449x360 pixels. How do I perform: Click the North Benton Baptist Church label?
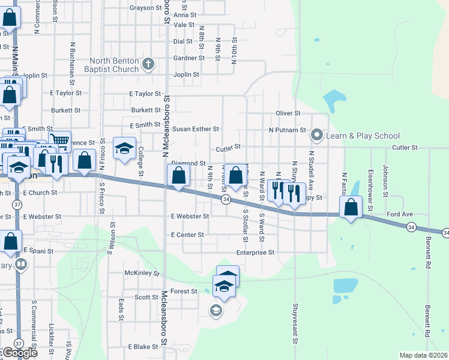115,65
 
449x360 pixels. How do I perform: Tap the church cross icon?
148,62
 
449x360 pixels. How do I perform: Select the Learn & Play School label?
363,136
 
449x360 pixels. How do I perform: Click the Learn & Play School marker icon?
318,136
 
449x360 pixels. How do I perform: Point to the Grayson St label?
146,8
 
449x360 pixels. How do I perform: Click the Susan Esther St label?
196,129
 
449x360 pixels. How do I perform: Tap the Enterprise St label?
255,253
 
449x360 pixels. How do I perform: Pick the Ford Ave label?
400,214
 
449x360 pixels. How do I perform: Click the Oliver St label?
288,113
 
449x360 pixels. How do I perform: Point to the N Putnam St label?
288,130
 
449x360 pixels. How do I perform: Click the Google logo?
19,353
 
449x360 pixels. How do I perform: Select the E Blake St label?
142,347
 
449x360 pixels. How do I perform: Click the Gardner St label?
185,58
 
